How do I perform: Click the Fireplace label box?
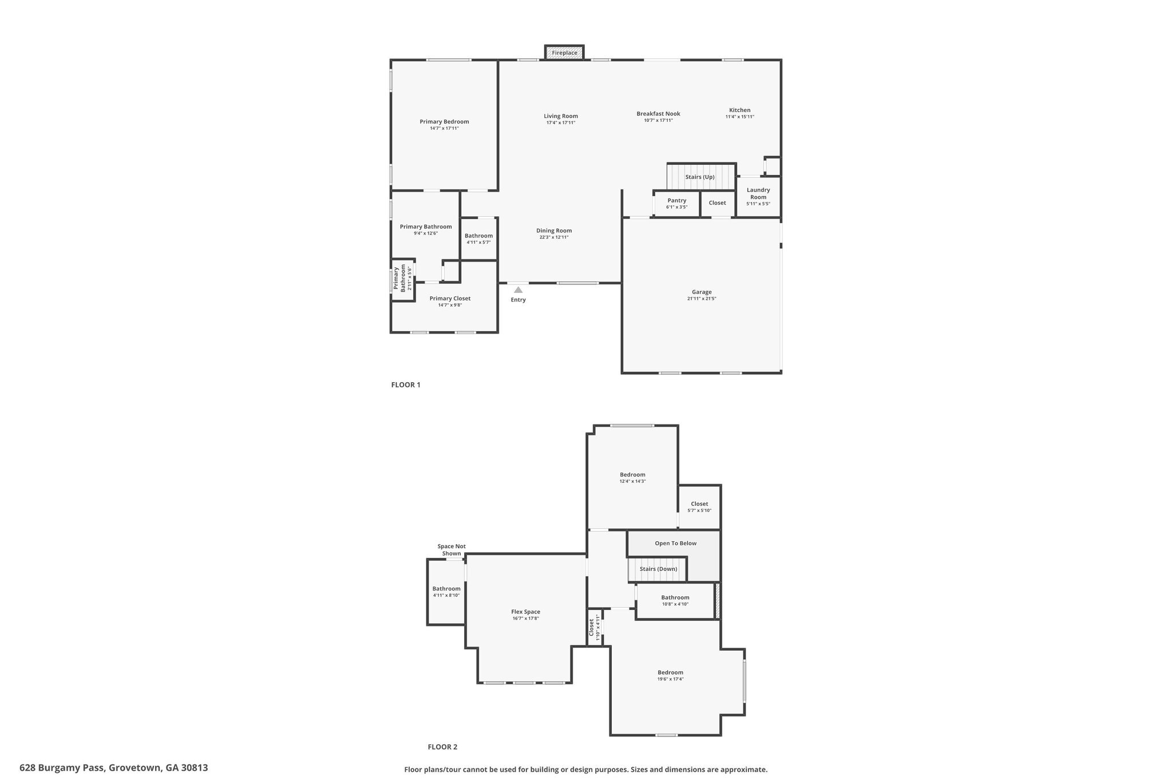[x=564, y=53]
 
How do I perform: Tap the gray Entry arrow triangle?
[x=518, y=290]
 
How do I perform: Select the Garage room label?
[x=702, y=292]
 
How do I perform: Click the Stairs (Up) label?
[x=700, y=177]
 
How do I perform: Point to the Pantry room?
[x=676, y=203]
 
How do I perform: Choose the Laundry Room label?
[x=758, y=193]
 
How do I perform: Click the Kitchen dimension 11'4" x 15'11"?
[x=739, y=117]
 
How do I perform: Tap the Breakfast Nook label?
[x=658, y=113]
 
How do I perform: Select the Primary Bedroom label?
[x=444, y=121]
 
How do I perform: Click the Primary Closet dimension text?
[x=450, y=305]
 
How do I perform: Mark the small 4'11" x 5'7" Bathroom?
[x=478, y=238]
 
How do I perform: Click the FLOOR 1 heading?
[x=405, y=384]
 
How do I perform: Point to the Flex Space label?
[x=525, y=612]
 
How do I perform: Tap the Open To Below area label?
[x=675, y=543]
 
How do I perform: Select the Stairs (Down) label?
[x=658, y=569]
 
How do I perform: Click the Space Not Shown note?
[x=452, y=550]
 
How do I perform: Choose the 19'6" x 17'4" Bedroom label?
[x=670, y=672]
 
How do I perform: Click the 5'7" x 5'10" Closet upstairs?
[x=699, y=506]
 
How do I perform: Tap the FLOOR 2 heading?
[x=442, y=747]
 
